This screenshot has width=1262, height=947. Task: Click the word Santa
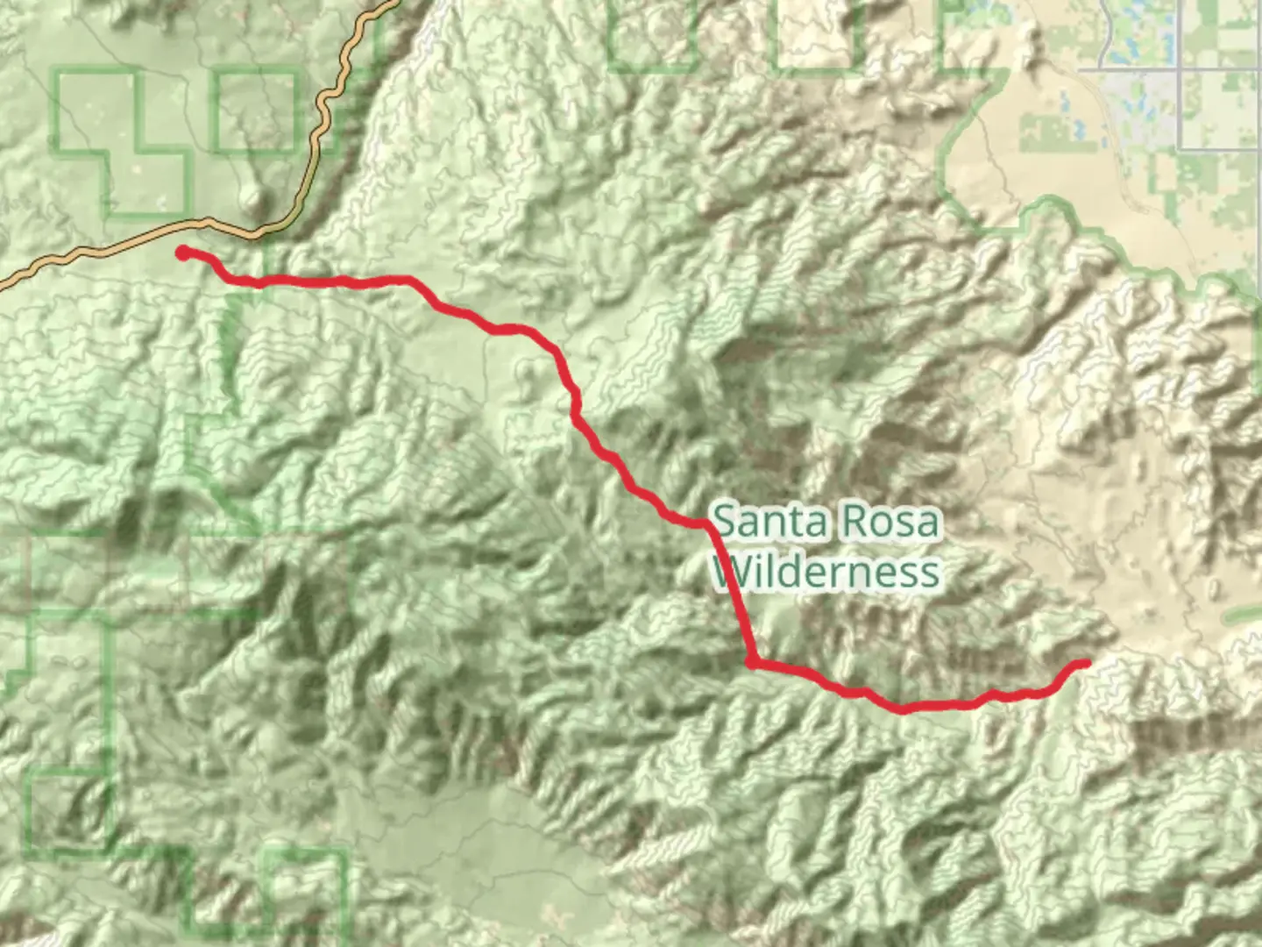click(769, 523)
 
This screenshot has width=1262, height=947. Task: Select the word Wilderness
click(826, 572)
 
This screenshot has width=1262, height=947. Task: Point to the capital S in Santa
click(727, 523)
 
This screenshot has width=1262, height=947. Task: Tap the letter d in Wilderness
click(798, 572)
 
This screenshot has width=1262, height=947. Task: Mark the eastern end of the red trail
click(1086, 663)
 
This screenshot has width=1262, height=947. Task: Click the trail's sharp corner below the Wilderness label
click(752, 662)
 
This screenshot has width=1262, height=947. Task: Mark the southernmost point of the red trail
click(903, 708)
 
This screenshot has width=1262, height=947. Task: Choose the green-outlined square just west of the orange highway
click(255, 112)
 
